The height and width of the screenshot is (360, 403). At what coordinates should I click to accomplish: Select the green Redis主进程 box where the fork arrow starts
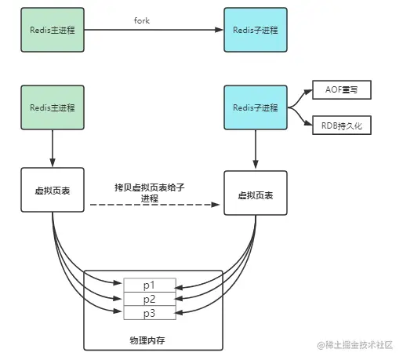(52, 30)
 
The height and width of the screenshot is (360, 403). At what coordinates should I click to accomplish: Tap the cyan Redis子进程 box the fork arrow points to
(255, 30)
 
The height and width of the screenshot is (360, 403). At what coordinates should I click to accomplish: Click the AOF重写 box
(341, 91)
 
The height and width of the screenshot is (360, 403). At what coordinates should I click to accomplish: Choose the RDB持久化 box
(341, 125)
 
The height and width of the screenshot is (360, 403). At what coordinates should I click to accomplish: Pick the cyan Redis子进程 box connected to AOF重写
(255, 107)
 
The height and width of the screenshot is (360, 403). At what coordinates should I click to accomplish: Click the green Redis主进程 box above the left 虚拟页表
(52, 107)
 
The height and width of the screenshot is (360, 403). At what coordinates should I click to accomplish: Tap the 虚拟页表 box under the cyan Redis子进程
(255, 191)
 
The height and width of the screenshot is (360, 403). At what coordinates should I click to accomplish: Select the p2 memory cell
(149, 300)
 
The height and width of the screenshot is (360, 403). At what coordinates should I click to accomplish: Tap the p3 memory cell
(149, 313)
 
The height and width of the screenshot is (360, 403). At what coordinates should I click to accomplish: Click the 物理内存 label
(149, 340)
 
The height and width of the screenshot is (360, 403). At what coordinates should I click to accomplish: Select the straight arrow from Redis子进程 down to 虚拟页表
(255, 149)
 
